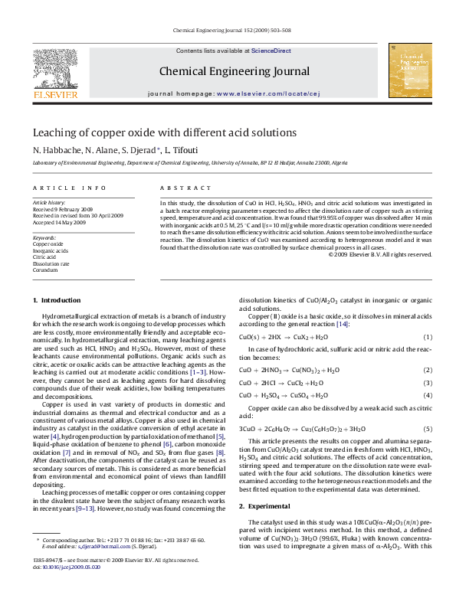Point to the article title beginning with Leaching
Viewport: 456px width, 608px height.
pyautogui.click(x=154, y=132)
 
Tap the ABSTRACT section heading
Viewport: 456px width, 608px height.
pyautogui.click(x=179, y=188)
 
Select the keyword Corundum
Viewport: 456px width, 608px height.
pyautogui.click(x=45, y=270)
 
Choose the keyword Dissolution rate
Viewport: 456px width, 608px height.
pyautogui.click(x=51, y=263)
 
